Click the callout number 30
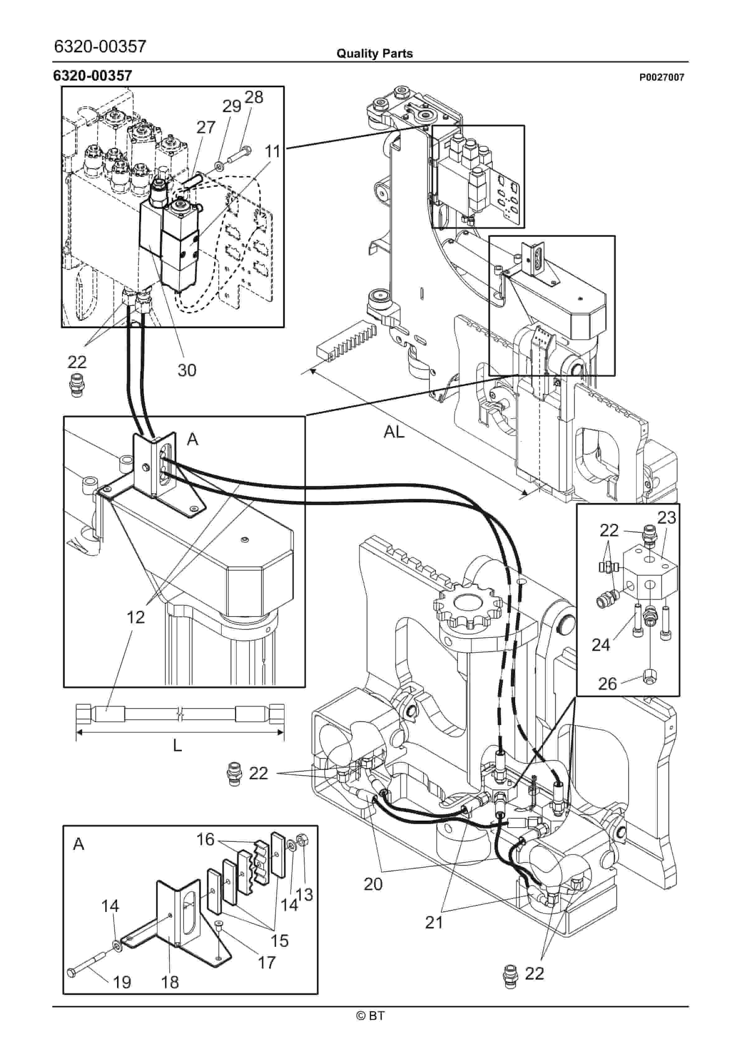point(187,370)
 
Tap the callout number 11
point(273,152)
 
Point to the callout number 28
point(254,97)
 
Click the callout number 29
point(232,107)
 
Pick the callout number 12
point(136,617)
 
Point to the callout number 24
point(601,645)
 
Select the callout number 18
point(170,982)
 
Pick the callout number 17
point(267,963)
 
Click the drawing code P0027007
point(662,78)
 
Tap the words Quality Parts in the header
point(375,54)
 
